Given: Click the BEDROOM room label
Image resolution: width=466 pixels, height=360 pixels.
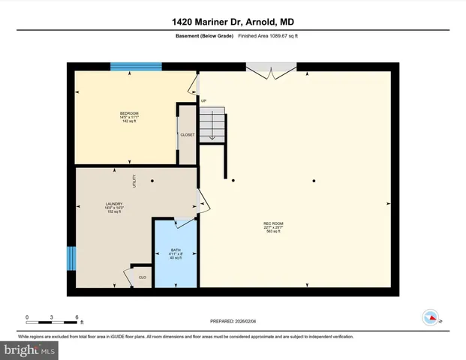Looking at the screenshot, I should pyautogui.click(x=130, y=113).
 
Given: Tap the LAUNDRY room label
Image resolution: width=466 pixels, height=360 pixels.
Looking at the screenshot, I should pyautogui.click(x=114, y=203).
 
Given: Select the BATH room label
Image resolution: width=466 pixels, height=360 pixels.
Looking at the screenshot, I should pyautogui.click(x=176, y=250).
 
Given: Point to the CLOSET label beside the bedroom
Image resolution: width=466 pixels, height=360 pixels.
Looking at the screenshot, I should pyautogui.click(x=187, y=135).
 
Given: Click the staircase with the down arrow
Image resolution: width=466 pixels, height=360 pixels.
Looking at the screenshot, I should pyautogui.click(x=212, y=123).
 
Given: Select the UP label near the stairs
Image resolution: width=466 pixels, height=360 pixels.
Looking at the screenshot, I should pyautogui.click(x=203, y=100).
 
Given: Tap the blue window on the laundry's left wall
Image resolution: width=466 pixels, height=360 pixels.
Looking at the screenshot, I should pyautogui.click(x=71, y=258).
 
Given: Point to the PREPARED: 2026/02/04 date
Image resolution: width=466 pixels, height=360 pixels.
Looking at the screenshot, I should pyautogui.click(x=233, y=321).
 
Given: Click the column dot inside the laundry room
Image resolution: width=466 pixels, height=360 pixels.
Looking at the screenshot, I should pyautogui.click(x=152, y=181).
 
